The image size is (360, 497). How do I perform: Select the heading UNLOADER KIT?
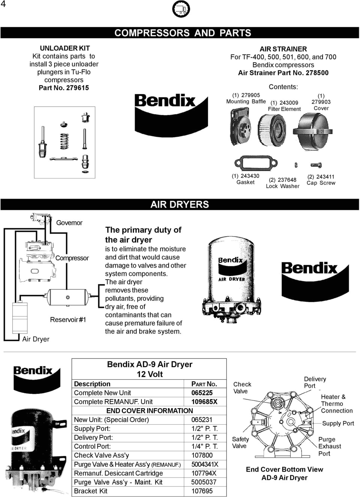coord(64,48)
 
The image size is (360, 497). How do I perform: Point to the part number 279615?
coord(77,88)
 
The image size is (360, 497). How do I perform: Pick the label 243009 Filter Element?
coord(284,106)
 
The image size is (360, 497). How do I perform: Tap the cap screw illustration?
coord(316,165)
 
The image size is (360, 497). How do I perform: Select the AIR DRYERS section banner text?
coord(180,205)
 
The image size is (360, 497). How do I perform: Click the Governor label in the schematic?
coord(69,223)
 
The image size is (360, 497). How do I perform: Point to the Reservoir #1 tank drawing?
coord(67,298)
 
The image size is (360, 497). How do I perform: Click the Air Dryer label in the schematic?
coord(36,339)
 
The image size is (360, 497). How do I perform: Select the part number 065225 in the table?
coord(202,393)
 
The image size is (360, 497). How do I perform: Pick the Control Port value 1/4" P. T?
coord(204,446)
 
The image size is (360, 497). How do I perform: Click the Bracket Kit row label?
coord(91,491)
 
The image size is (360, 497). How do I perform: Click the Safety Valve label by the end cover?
coord(240,443)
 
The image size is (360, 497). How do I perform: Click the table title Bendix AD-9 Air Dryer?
coord(150,364)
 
